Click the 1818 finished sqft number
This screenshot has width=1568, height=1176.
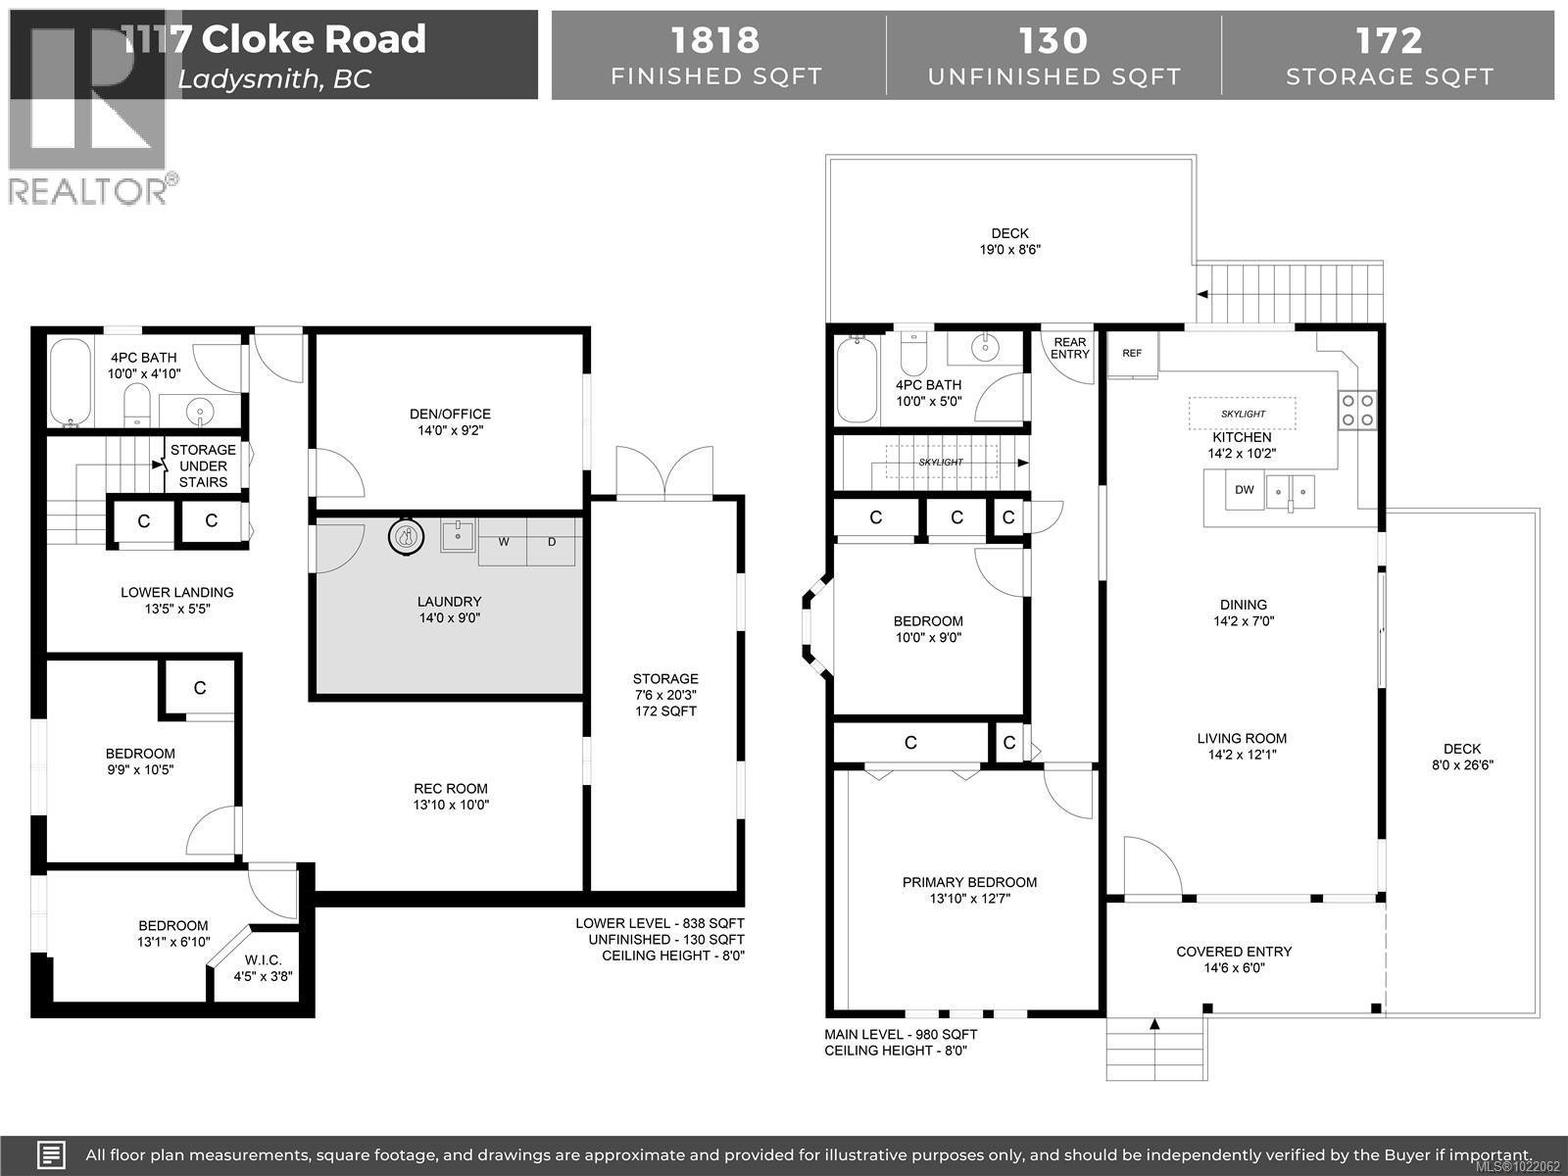[x=715, y=40]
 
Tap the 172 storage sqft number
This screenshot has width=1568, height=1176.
[x=1389, y=40]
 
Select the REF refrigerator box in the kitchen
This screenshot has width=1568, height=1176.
[x=1133, y=354]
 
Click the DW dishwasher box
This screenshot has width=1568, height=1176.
[x=1244, y=490]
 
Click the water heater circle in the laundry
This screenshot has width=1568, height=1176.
[x=406, y=536]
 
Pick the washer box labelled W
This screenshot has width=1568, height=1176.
[x=504, y=542]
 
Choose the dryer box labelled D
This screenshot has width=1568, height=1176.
[x=553, y=542]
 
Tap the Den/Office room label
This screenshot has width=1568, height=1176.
[x=451, y=421]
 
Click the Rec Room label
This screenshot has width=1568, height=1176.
[x=451, y=796]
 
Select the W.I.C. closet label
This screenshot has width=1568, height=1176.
[x=263, y=967]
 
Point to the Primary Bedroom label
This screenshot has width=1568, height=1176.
[x=969, y=890]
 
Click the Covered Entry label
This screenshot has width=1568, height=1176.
[x=1234, y=958]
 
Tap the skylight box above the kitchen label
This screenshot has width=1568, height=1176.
[x=1243, y=414]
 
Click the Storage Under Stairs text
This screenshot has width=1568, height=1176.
[x=204, y=465]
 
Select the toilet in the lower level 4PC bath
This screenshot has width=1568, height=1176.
[x=137, y=404]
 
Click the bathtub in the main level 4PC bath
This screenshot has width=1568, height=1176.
[x=857, y=379]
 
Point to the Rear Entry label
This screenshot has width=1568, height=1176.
[x=1070, y=348]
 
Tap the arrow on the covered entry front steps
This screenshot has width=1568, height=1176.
[x=1154, y=1025]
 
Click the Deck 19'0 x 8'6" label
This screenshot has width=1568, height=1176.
[x=1009, y=241]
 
